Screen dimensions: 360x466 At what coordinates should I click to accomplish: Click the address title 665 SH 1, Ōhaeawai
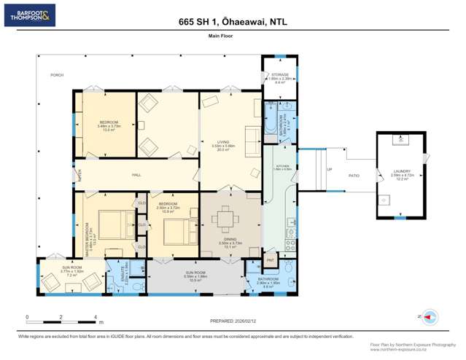tap(233, 23)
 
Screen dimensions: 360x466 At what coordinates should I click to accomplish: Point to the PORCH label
tap(56, 75)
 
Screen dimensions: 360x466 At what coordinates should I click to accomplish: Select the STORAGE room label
tap(280, 75)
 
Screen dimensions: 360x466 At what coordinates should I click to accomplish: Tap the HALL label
tap(136, 175)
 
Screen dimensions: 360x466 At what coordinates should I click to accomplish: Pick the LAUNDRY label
tap(402, 172)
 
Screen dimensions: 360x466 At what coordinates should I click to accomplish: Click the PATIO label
tap(354, 176)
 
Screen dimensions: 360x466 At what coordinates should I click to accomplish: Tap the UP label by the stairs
tap(330, 171)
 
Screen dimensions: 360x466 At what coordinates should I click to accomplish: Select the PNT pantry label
tap(270, 259)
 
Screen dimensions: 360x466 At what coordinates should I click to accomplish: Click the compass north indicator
tap(430, 317)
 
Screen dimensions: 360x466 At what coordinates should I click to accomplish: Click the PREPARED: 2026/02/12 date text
tap(233, 319)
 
